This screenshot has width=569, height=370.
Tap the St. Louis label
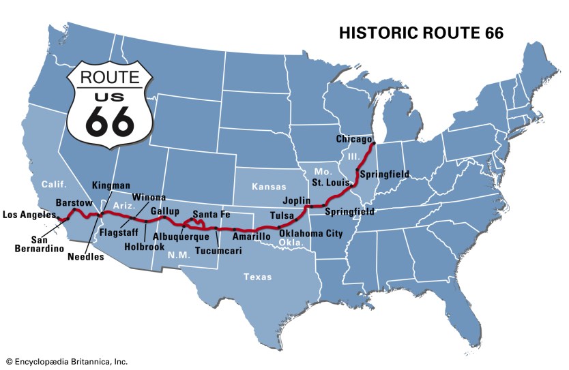tap(331, 183)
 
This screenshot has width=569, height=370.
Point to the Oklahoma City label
tap(311, 233)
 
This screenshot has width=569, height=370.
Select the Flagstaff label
tap(119, 232)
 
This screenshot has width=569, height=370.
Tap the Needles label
tap(87, 257)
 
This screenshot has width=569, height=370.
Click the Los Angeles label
tap(29, 215)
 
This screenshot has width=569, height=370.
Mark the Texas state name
tap(258, 277)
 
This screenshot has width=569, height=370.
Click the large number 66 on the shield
tap(109, 119)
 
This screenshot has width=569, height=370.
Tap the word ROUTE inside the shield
tap(109, 77)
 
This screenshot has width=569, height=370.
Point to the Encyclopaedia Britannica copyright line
tap(66, 362)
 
